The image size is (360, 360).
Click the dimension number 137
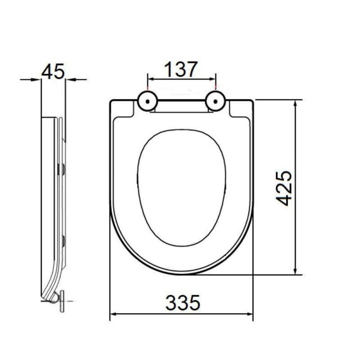coord(181,69)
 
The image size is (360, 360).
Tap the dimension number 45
coord(53,72)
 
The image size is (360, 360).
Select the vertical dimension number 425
coord(284,188)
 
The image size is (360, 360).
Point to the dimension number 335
coord(183,302)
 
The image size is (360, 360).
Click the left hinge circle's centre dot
coord(148,101)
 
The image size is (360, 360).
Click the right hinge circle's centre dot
coord(216,101)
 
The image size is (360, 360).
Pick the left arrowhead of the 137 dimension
coord(151,79)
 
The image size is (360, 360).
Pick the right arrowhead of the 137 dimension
coord(212,79)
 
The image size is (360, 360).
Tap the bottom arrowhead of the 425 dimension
coord(296,271)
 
